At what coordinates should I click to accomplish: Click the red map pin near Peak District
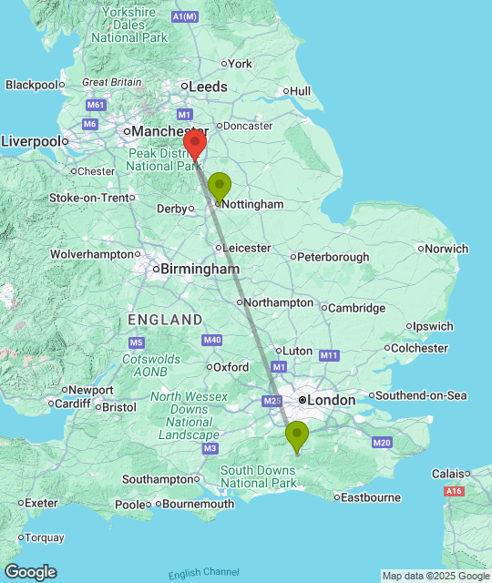193,143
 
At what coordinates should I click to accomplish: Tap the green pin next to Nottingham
220,186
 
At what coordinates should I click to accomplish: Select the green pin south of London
297,436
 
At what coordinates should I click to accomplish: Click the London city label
331,400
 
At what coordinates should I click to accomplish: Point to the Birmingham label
200,269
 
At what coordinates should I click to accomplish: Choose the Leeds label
208,87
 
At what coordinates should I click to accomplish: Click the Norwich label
447,248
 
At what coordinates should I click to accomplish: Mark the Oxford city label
231,367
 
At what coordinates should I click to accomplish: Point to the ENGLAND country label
165,320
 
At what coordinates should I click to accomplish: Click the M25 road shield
271,401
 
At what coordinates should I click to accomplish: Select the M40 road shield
212,340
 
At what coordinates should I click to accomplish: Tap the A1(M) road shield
185,16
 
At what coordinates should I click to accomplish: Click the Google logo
29,571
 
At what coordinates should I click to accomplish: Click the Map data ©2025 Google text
436,576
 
